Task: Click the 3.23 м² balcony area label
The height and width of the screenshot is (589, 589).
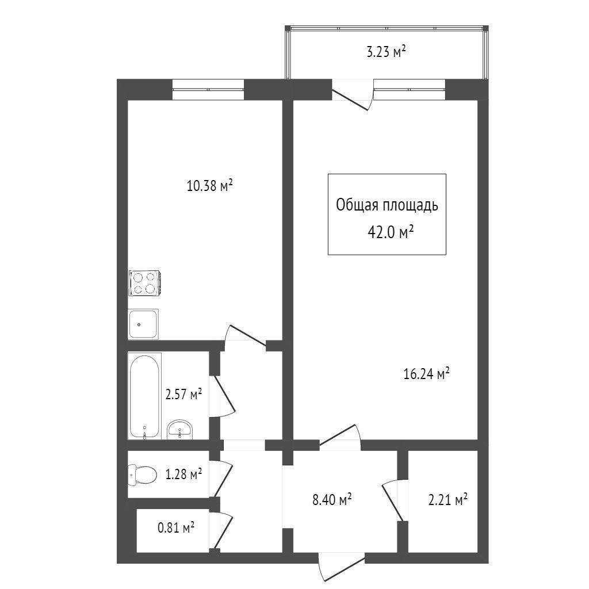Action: click(386, 52)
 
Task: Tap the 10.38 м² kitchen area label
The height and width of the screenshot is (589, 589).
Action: click(210, 185)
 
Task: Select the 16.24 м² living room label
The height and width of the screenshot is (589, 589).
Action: click(426, 374)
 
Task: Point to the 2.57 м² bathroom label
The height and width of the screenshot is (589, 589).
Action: click(183, 395)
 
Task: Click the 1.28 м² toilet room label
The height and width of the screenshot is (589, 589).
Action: click(183, 474)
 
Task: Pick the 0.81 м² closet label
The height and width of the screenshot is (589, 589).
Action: click(176, 528)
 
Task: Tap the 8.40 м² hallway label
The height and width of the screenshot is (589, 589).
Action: click(332, 500)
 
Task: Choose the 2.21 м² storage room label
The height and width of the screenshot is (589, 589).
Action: click(448, 500)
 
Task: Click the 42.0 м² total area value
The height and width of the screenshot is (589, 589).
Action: click(391, 232)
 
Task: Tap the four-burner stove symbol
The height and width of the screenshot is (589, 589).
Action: click(145, 283)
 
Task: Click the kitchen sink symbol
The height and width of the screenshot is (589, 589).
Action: click(143, 324)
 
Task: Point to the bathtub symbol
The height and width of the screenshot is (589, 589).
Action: click(144, 396)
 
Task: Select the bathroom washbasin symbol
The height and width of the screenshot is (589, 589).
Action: click(180, 429)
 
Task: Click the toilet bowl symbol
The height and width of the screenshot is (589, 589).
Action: click(142, 475)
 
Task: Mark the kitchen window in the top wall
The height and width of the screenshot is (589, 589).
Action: click(208, 90)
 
